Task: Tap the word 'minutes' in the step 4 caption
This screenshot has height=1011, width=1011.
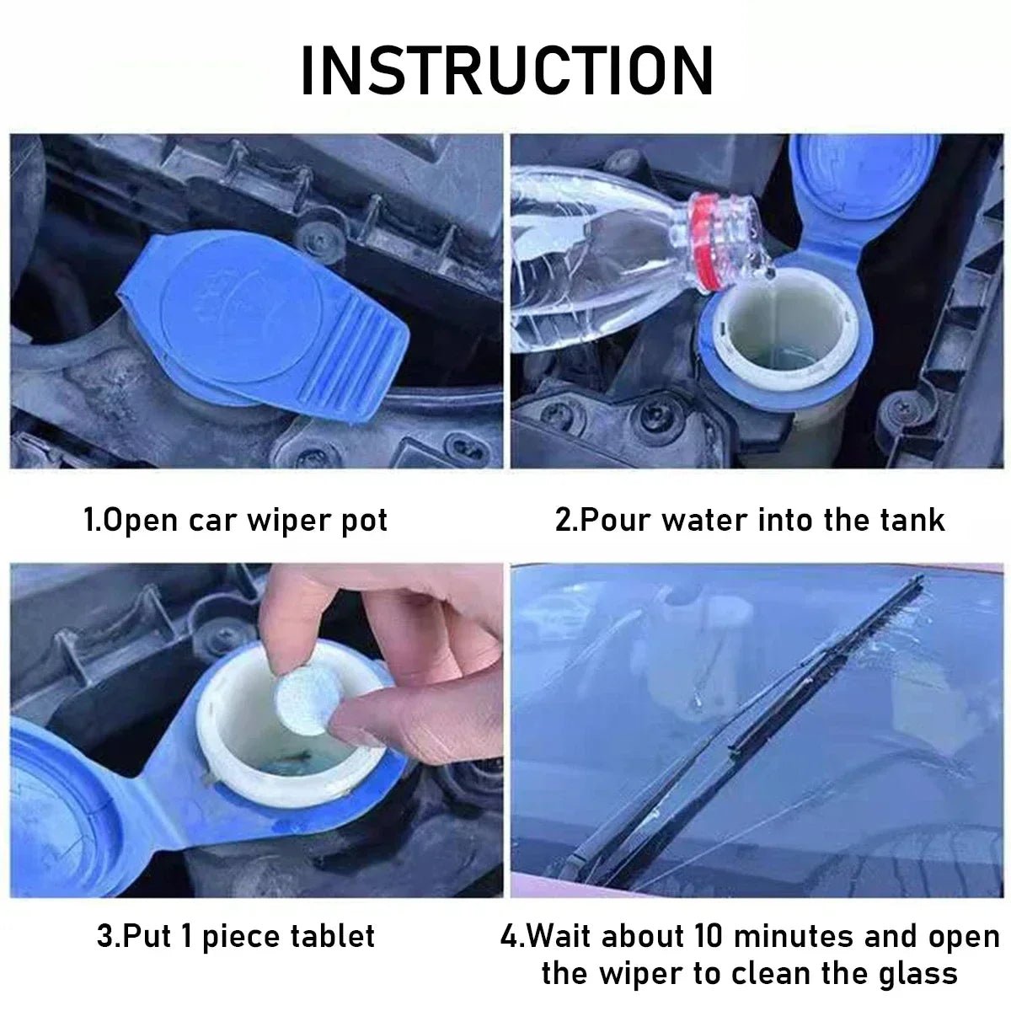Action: [801, 936]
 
